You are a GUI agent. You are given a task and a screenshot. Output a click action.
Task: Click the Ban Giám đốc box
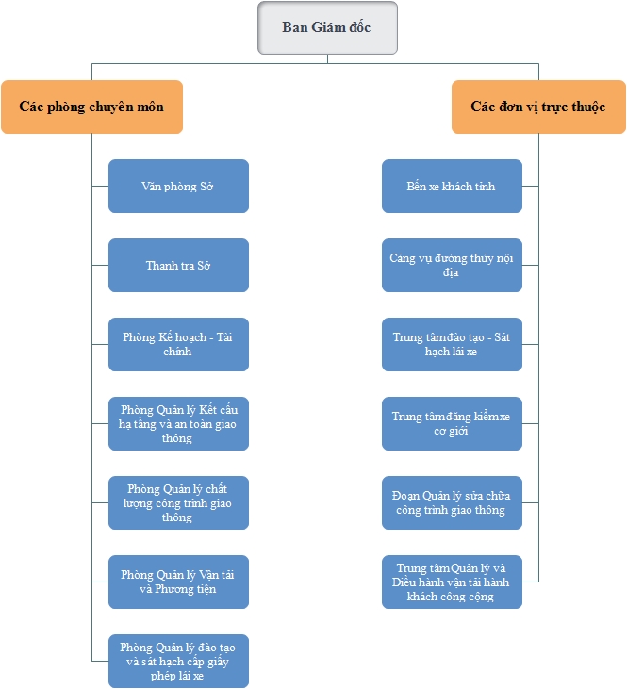[x=327, y=27]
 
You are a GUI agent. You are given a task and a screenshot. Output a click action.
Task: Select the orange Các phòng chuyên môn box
[x=91, y=107]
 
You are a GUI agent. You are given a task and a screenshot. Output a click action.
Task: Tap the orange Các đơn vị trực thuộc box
[x=538, y=107]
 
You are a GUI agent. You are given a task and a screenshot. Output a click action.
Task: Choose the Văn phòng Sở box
[x=178, y=187]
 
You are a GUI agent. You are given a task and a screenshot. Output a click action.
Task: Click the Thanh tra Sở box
[x=178, y=266]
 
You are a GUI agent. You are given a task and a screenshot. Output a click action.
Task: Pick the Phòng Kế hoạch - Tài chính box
[x=178, y=345]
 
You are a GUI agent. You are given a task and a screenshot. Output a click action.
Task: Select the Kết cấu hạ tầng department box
[x=178, y=423]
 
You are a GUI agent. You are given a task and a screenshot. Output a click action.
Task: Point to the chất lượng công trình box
[x=178, y=502]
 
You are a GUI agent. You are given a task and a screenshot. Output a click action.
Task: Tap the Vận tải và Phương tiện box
[x=178, y=582]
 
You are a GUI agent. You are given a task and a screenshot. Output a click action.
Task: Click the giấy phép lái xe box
[x=178, y=661]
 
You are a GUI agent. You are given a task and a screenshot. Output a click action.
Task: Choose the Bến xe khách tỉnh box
[x=452, y=187]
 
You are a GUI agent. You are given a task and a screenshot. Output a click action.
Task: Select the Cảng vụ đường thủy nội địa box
[x=452, y=266]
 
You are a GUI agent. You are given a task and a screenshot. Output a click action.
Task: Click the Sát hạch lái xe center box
[x=452, y=345]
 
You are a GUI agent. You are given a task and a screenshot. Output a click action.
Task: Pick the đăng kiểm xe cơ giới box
[x=452, y=423]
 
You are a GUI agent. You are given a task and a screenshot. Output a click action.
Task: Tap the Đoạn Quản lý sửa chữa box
[x=452, y=502]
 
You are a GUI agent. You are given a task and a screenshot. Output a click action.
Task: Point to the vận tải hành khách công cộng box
[x=452, y=582]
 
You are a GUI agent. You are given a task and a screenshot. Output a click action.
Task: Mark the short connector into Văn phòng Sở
[x=100, y=187]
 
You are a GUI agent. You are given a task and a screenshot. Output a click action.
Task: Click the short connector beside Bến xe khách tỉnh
[x=531, y=187]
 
